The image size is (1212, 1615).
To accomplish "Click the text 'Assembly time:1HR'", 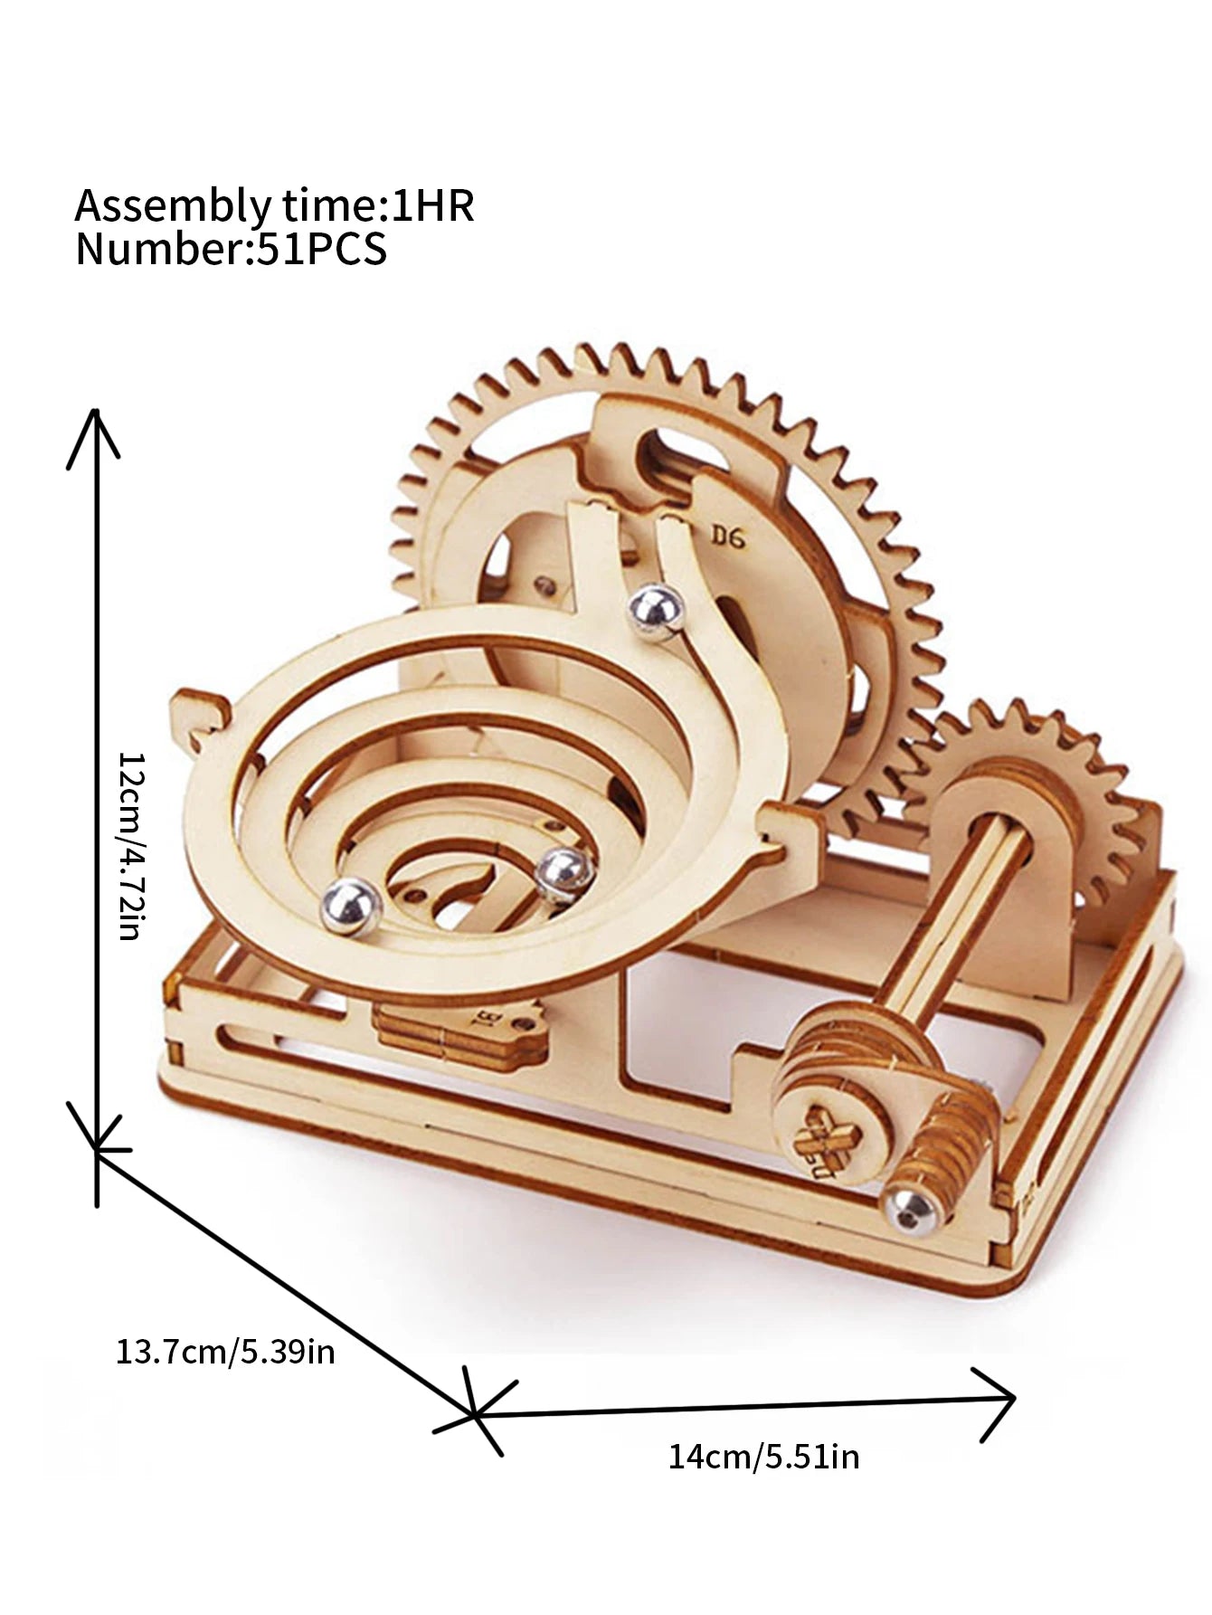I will coord(273,205).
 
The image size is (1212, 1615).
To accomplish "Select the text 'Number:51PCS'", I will coord(231,249).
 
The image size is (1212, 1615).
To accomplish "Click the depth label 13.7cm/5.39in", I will coord(225,1352).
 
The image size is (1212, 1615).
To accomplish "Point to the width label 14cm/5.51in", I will coord(763,1458).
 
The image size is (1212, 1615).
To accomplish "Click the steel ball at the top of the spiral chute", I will coord(657,613).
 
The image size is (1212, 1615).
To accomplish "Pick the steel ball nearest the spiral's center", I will coord(564,875).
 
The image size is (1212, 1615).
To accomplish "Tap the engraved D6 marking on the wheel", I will coord(727,537).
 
